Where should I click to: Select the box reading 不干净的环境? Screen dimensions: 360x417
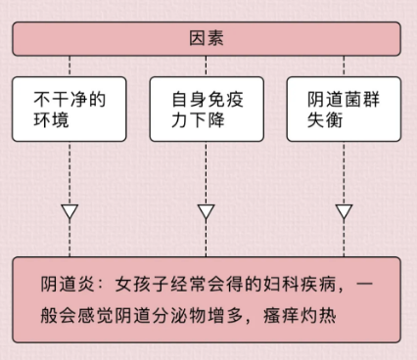[x=69, y=109]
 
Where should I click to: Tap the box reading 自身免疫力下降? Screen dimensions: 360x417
[x=206, y=109]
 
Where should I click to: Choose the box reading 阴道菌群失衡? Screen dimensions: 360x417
[x=343, y=109]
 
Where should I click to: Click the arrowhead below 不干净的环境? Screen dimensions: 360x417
[x=69, y=211]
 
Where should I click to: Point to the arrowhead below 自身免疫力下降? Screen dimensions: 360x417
[x=206, y=211]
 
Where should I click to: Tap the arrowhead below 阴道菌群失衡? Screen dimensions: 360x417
[x=344, y=211]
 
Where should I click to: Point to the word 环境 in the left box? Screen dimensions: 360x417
[x=50, y=119]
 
